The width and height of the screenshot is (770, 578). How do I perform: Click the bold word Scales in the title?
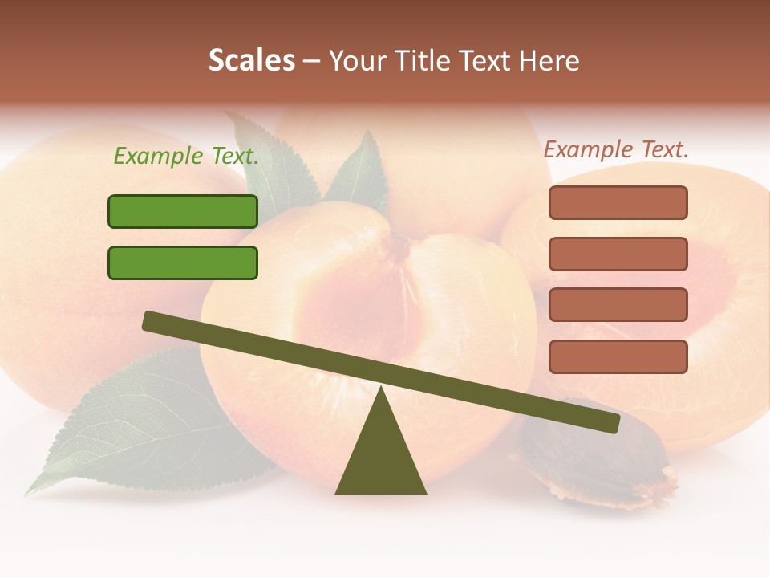click(x=251, y=60)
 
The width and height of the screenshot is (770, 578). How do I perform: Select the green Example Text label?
click(x=186, y=157)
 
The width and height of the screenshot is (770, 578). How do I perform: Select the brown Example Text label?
click(x=616, y=149)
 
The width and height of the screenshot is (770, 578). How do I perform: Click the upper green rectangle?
click(x=183, y=211)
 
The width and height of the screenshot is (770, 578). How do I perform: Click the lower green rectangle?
click(x=183, y=263)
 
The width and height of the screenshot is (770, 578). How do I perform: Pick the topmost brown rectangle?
click(x=618, y=202)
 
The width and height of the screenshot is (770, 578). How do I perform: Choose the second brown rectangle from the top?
click(x=618, y=254)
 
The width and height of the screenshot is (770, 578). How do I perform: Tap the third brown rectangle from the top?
click(x=618, y=305)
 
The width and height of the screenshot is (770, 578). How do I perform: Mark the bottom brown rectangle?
click(x=618, y=356)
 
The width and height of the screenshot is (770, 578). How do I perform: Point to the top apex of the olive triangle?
click(x=381, y=389)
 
